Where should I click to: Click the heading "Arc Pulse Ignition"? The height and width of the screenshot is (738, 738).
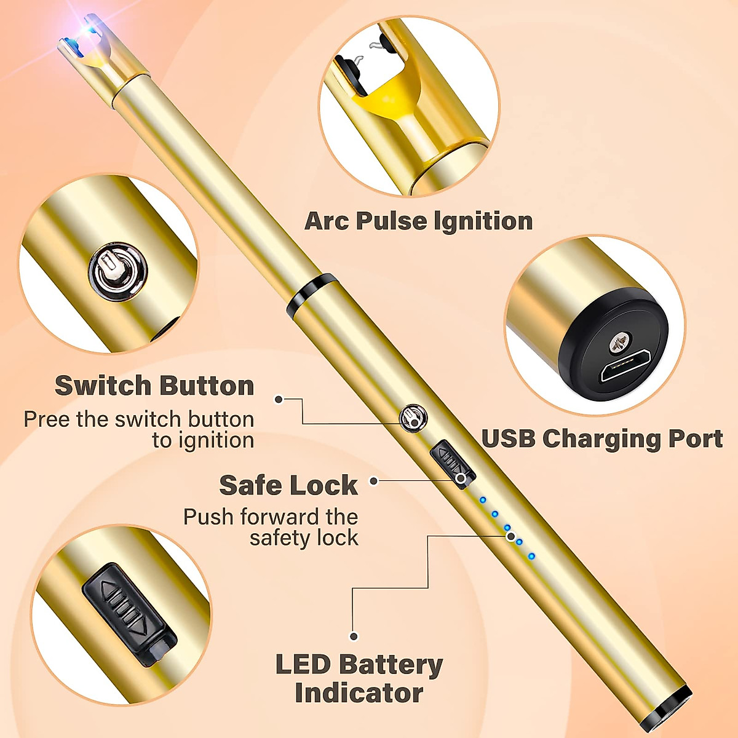(418, 221)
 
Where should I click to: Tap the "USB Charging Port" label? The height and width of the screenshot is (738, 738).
(601, 439)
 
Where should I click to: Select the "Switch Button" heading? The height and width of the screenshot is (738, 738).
(154, 386)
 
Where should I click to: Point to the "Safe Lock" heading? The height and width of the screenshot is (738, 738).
(288, 485)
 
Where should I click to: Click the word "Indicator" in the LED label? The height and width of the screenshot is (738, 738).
(359, 693)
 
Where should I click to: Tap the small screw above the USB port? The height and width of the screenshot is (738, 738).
(620, 341)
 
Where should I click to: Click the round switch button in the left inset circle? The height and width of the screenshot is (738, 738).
(118, 271)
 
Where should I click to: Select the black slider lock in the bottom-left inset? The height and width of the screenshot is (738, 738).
(129, 615)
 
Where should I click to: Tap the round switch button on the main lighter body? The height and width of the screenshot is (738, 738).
(414, 418)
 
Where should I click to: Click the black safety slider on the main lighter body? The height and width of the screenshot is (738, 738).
(452, 464)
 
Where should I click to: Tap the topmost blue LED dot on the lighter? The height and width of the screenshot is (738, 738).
(483, 500)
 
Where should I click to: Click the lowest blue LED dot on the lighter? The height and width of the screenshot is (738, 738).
(531, 557)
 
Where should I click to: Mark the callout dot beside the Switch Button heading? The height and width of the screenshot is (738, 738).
(279, 399)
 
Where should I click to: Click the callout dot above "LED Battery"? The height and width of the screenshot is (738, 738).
(354, 636)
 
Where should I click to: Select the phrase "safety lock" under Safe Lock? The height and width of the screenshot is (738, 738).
(304, 538)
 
